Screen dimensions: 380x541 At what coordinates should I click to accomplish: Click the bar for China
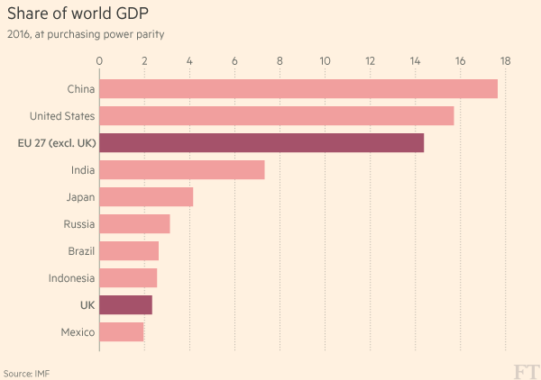pyautogui.click(x=298, y=88)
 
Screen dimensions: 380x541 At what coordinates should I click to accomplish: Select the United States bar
pyautogui.click(x=276, y=115)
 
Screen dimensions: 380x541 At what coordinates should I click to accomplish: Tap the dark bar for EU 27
pyautogui.click(x=261, y=142)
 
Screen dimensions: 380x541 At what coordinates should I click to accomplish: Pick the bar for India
pyautogui.click(x=181, y=169)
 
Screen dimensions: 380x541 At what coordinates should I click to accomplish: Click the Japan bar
pyautogui.click(x=146, y=196)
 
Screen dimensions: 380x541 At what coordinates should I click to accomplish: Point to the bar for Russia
pyautogui.click(x=134, y=223)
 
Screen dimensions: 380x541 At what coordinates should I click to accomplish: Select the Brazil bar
pyautogui.click(x=129, y=250)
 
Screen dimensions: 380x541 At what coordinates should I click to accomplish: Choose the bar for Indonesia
pyautogui.click(x=128, y=277)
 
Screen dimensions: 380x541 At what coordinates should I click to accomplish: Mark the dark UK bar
pyautogui.click(x=125, y=304)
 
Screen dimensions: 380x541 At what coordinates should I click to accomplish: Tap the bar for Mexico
pyautogui.click(x=121, y=331)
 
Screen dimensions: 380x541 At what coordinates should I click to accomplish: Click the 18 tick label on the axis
pyautogui.click(x=505, y=61)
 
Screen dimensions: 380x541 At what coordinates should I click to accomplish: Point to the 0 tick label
pyautogui.click(x=99, y=61)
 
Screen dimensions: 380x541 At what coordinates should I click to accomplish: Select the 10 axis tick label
pyautogui.click(x=325, y=61)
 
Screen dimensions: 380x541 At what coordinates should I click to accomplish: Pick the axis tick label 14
pyautogui.click(x=415, y=61)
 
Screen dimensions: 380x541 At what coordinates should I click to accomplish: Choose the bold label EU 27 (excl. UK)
pyautogui.click(x=57, y=142)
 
